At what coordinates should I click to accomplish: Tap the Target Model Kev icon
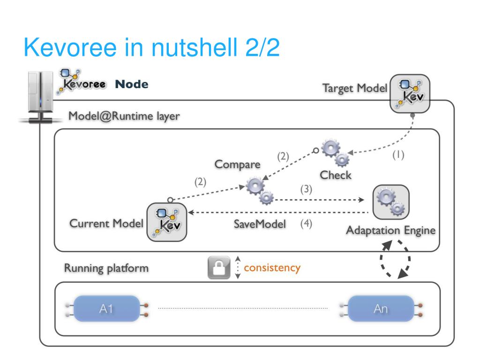coord(410,93)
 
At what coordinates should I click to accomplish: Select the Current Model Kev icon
coord(166,222)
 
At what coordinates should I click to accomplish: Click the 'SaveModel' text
coord(260,225)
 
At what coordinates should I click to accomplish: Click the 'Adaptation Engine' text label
coord(391,230)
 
